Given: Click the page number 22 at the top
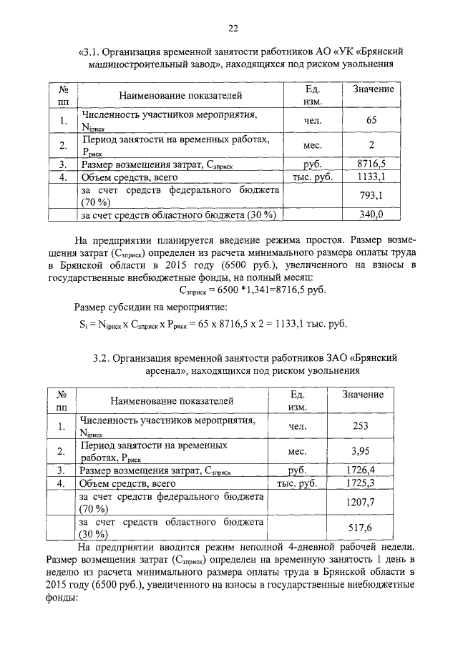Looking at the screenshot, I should tap(233, 29).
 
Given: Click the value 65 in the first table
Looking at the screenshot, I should tap(371, 121).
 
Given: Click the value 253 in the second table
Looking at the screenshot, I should tap(361, 426).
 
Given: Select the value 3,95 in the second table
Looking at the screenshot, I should tap(361, 452).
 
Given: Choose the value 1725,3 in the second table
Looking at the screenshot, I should tap(361, 484).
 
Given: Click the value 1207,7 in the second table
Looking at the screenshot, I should tap(361, 503).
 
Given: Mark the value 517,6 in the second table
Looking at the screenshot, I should tap(361, 528).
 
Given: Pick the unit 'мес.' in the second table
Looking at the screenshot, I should tap(297, 452).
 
